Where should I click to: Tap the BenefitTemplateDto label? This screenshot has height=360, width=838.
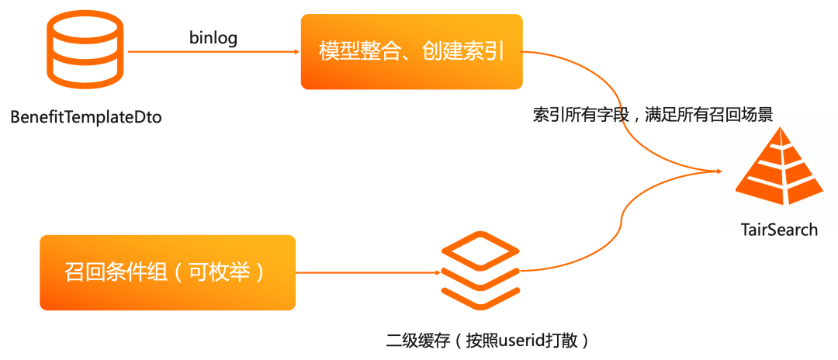tap(86, 118)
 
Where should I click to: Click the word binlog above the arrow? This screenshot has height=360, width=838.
tap(213, 36)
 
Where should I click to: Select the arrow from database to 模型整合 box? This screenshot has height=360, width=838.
tap(209, 52)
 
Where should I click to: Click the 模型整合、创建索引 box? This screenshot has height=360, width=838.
tap(411, 52)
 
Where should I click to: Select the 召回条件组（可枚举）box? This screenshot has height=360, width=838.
tap(168, 272)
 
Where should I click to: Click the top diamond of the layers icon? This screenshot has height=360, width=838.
tap(480, 251)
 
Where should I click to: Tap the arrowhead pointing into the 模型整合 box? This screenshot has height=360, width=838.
tap(296, 52)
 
